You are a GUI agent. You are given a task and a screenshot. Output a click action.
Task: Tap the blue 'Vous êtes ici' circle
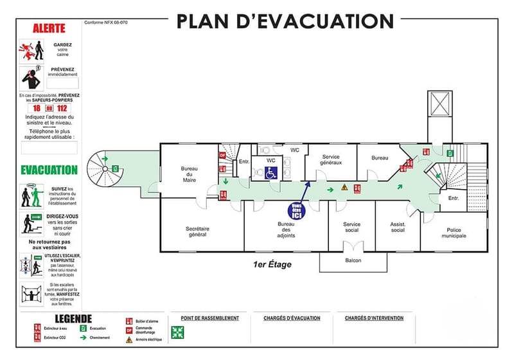(296, 212)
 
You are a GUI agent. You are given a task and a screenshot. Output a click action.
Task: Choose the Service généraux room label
(331, 159)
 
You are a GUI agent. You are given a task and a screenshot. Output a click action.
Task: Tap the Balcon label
(352, 260)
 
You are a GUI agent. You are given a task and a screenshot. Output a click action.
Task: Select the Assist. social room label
(398, 227)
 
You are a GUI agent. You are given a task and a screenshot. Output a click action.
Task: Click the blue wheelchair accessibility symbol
(271, 172)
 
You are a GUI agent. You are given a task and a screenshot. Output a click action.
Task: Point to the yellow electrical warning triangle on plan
(344, 188)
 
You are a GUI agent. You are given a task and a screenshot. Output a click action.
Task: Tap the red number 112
(62, 108)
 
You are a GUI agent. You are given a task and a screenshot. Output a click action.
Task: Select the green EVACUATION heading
(49, 170)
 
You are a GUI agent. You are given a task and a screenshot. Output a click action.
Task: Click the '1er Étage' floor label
(272, 264)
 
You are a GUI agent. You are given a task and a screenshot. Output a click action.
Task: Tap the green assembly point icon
(177, 332)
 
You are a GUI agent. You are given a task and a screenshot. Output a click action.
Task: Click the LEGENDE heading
(73, 319)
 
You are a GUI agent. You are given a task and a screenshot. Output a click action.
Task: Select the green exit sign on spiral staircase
(115, 168)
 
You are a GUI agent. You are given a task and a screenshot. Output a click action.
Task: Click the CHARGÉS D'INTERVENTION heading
(374, 318)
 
